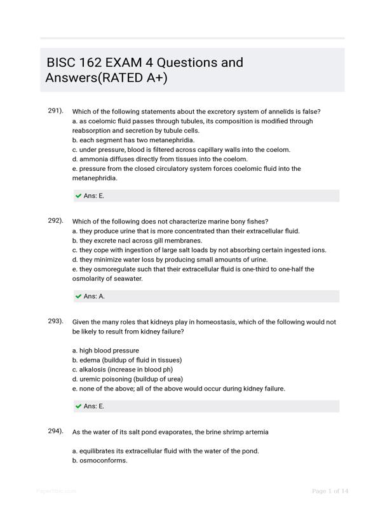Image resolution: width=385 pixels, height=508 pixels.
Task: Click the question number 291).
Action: [55, 110]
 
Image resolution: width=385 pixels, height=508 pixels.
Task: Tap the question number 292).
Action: [55, 220]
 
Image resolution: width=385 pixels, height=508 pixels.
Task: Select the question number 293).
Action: [55, 321]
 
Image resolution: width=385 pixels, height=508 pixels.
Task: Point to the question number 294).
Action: [55, 431]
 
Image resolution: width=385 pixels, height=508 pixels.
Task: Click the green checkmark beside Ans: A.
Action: [78, 297]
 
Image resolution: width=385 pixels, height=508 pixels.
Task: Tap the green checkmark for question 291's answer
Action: [78, 196]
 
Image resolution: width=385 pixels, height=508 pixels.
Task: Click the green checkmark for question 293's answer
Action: [78, 406]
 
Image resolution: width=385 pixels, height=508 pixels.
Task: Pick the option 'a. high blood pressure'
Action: [105, 351]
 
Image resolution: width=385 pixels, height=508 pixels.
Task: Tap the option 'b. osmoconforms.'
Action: [100, 460]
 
